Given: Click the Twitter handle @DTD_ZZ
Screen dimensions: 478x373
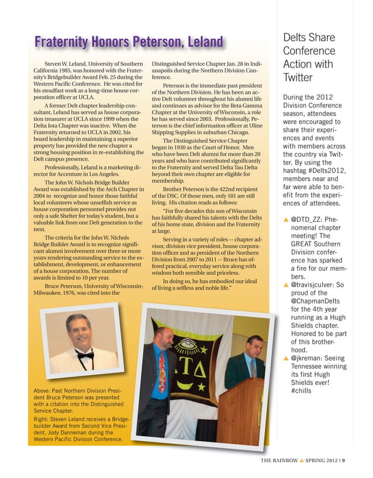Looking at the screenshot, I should (307, 219).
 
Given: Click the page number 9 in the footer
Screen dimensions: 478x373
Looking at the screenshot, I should (344, 459).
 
